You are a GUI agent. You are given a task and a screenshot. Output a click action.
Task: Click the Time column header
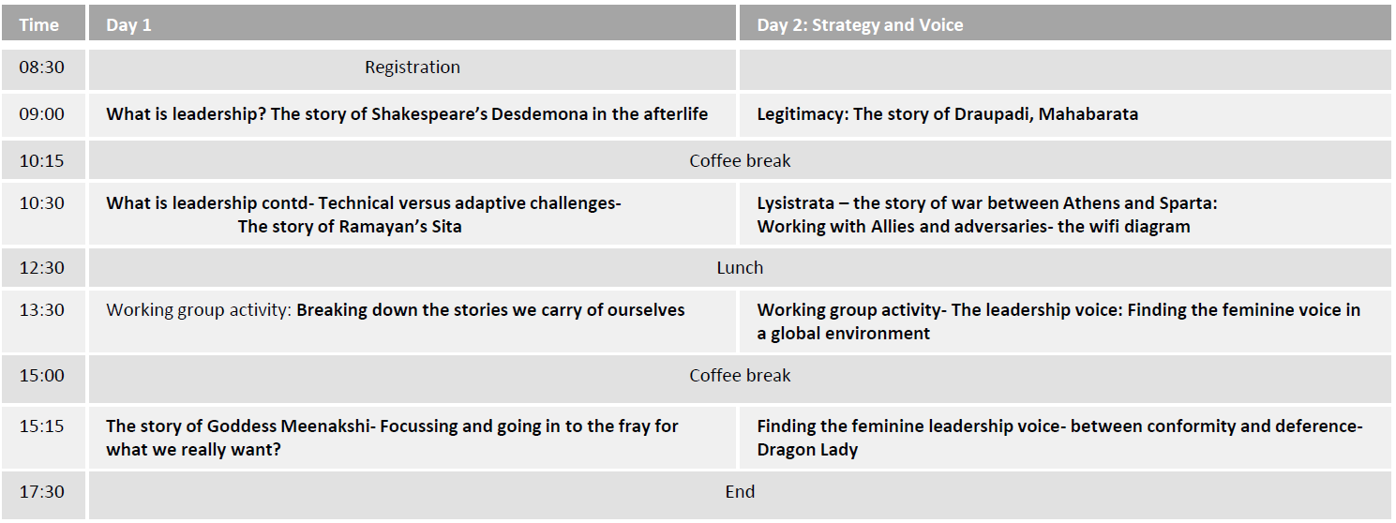pyautogui.click(x=38, y=25)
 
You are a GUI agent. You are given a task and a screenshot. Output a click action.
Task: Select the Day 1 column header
pyautogui.click(x=128, y=25)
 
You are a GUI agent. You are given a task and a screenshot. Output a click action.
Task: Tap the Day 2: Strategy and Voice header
pyautogui.click(x=860, y=25)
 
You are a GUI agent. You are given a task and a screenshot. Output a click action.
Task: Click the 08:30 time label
pyautogui.click(x=42, y=67)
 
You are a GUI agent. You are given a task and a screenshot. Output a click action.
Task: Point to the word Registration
pyautogui.click(x=413, y=67)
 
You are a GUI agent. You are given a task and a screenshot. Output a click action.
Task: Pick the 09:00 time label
pyautogui.click(x=42, y=114)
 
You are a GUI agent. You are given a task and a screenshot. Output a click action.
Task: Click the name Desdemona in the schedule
pyautogui.click(x=530, y=114)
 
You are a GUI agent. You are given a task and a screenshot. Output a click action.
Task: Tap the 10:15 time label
pyautogui.click(x=42, y=161)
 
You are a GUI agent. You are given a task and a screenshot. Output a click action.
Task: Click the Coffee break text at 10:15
pyautogui.click(x=740, y=161)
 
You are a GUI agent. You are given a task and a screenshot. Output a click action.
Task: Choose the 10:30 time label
pyautogui.click(x=42, y=203)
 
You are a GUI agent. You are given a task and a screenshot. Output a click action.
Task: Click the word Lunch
pyautogui.click(x=740, y=268)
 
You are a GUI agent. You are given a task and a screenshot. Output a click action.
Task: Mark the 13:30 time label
pyautogui.click(x=42, y=310)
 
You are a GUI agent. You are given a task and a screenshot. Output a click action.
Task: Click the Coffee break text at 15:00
pyautogui.click(x=740, y=375)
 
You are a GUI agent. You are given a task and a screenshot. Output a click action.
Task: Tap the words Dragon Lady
pyautogui.click(x=807, y=450)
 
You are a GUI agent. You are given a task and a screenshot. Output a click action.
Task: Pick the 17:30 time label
pyautogui.click(x=42, y=492)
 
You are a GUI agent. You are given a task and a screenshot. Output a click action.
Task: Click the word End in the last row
pyautogui.click(x=740, y=492)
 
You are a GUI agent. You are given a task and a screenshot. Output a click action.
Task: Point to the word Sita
pyautogui.click(x=446, y=227)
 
